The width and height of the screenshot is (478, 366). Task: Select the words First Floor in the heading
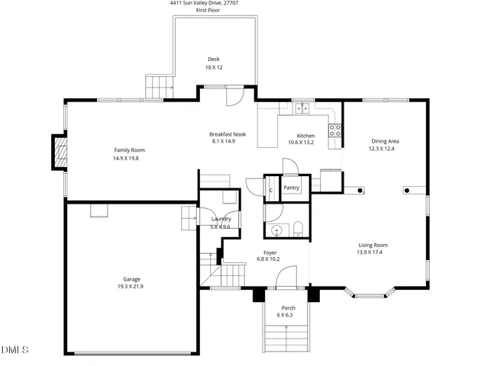click(x=208, y=10)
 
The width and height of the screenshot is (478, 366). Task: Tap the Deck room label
click(x=213, y=59)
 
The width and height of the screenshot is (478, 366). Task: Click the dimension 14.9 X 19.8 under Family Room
click(x=129, y=158)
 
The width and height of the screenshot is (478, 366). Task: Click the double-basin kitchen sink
click(x=302, y=108)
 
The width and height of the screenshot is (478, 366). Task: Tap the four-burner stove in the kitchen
click(x=334, y=130)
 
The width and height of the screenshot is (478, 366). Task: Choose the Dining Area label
click(x=385, y=141)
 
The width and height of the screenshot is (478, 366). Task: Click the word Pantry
click(x=291, y=188)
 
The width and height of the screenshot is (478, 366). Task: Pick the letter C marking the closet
click(x=271, y=189)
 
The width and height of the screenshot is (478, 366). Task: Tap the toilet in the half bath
click(x=298, y=229)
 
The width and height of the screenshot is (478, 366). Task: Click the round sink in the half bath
click(x=275, y=229)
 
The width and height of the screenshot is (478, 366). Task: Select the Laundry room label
click(x=221, y=220)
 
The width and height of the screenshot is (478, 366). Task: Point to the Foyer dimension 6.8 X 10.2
click(x=270, y=259)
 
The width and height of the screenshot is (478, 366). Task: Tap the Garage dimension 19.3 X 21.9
click(x=131, y=287)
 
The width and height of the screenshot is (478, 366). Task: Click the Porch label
click(x=288, y=308)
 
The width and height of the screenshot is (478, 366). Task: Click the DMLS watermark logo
click(x=15, y=350)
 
